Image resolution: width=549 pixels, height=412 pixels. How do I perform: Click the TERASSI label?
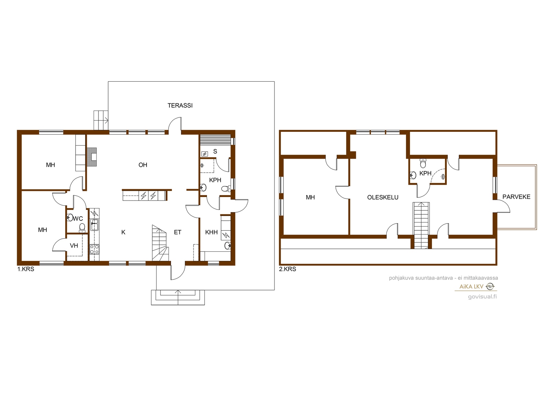pos(180,105)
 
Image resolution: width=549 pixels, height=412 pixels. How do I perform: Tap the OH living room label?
pos(143,165)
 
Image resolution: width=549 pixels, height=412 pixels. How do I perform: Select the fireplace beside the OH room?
pos(92,157)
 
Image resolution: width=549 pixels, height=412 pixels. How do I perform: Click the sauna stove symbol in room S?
pos(205,154)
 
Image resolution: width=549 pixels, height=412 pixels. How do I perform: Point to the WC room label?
pos(78,219)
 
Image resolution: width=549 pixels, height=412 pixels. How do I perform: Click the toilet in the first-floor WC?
pos(82,228)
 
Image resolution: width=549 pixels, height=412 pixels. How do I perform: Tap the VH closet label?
pos(74,245)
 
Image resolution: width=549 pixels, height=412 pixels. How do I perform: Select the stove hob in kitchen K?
pos(94,249)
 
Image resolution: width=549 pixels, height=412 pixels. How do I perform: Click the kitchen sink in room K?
pos(94,225)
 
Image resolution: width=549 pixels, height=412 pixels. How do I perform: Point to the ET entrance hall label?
pos(178,232)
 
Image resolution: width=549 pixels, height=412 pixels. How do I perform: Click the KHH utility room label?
pos(211,232)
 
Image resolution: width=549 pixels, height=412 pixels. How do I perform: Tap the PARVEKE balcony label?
pos(516,197)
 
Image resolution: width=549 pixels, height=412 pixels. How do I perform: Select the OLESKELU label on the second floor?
pos(383,197)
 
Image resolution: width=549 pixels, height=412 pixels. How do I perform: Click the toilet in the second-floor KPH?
pos(423,163)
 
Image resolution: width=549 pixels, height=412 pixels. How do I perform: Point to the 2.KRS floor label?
pos(288,269)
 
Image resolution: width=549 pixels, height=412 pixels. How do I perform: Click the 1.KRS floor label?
pos(26,269)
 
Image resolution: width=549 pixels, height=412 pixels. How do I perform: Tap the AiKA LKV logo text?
pos(471,286)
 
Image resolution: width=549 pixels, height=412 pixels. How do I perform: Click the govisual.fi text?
pos(482,296)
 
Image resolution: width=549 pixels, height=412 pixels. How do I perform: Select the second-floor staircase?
pos(421,225)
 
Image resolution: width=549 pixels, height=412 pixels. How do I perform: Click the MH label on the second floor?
pos(310,197)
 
